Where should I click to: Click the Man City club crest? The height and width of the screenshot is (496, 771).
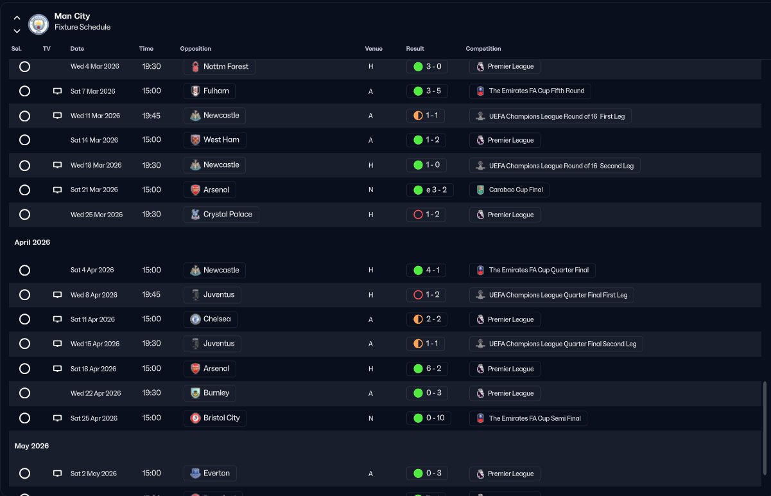click(39, 24)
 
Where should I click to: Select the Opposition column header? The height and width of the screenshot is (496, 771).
click(196, 49)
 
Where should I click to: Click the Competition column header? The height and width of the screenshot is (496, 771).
click(483, 49)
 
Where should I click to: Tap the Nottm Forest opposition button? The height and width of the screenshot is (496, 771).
click(220, 66)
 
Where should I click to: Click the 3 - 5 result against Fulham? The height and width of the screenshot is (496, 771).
click(427, 91)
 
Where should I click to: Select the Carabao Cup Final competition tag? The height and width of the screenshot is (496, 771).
click(509, 190)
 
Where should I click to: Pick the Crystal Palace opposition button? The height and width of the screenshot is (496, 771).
click(221, 214)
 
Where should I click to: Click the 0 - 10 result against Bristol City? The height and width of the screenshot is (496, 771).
click(429, 418)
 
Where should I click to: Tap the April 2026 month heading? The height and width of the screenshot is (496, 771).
click(32, 242)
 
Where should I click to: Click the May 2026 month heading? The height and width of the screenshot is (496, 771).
click(31, 446)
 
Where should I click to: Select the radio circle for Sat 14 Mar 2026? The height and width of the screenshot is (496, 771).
click(24, 140)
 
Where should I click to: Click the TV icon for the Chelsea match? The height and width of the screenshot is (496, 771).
click(58, 319)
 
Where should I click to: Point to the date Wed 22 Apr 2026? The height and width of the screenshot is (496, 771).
click(96, 393)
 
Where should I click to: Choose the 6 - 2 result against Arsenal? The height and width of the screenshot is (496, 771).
click(427, 369)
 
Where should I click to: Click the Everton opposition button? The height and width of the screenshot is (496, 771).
click(210, 474)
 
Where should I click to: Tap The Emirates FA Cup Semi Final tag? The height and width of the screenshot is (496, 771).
click(528, 418)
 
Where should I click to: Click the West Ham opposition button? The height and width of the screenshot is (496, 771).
click(215, 140)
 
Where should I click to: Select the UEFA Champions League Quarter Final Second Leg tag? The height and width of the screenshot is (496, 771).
click(556, 344)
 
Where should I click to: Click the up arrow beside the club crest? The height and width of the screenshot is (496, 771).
click(17, 17)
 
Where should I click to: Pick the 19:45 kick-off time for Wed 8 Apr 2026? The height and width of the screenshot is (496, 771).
click(152, 294)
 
